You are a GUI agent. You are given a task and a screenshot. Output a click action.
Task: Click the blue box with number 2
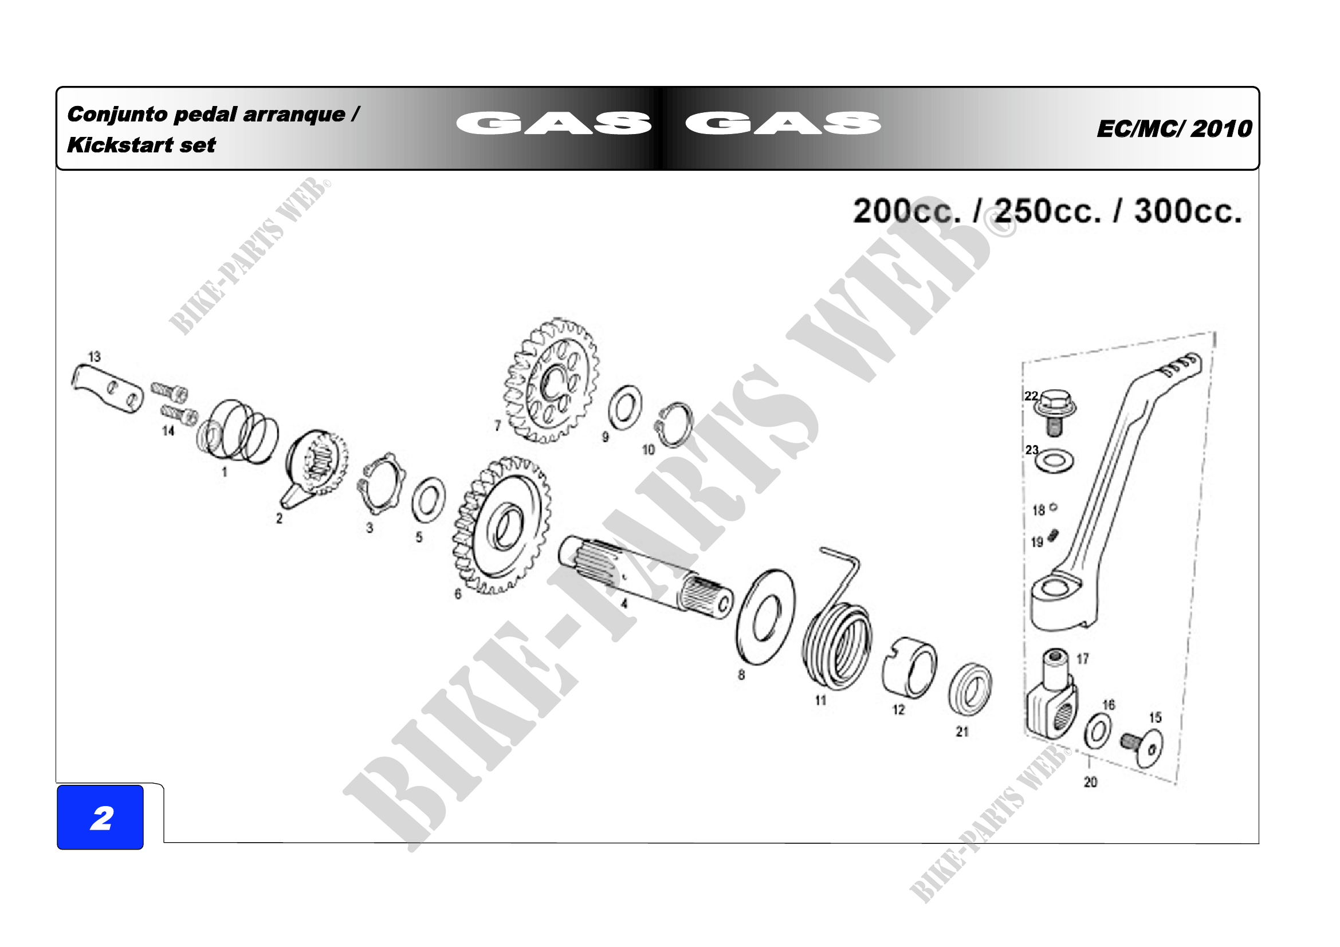[100, 817]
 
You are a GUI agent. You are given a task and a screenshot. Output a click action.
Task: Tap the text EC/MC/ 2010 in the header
[1174, 128]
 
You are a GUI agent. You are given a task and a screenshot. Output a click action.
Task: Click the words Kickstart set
[142, 145]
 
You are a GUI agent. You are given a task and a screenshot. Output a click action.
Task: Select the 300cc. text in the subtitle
[1188, 211]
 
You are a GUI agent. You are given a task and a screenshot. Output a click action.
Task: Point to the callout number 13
[95, 356]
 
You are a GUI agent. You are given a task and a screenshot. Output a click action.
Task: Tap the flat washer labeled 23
[1055, 461]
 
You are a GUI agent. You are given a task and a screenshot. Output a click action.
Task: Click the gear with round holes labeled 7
[552, 380]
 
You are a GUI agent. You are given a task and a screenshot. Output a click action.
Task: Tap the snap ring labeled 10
[674, 424]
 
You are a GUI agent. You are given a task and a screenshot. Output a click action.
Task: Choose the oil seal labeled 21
[970, 689]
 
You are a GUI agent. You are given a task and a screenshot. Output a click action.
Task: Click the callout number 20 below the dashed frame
[1090, 782]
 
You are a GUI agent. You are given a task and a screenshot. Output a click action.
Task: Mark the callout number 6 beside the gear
[458, 594]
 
